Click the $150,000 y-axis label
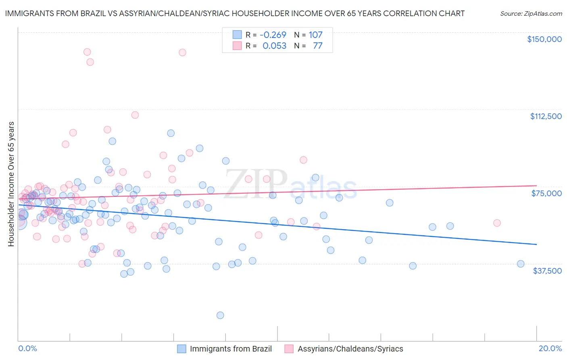point(544,39)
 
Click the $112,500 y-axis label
point(546,116)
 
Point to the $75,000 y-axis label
point(546,193)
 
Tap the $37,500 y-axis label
point(547,271)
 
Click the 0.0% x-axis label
point(27,348)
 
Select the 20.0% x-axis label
point(550,348)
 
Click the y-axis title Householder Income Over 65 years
point(11,184)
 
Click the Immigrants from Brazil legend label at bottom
point(231,349)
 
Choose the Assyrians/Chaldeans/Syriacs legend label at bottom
point(350,349)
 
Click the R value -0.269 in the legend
point(273,35)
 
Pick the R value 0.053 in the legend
point(274,46)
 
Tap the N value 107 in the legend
point(316,35)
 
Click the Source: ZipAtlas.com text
point(531,14)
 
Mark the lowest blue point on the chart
point(220,315)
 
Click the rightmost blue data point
point(521,264)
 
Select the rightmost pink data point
point(497,223)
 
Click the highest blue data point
point(171,133)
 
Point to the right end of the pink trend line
point(536,185)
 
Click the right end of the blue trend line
point(536,245)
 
